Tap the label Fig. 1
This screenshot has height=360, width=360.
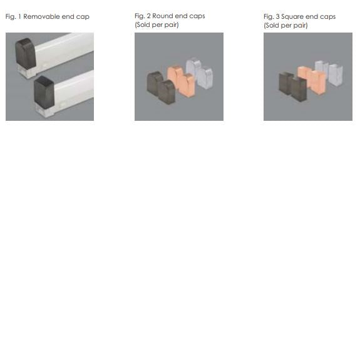[x=13, y=17]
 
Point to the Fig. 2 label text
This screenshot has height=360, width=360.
[x=143, y=16]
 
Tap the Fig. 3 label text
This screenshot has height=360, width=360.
[x=272, y=16]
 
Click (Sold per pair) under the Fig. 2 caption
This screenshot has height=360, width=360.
[x=157, y=25]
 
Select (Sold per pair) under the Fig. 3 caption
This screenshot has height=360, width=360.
[x=285, y=26]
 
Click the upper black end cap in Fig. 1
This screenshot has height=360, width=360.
[x=24, y=53]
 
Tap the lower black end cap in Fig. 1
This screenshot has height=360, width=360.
[x=44, y=91]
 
